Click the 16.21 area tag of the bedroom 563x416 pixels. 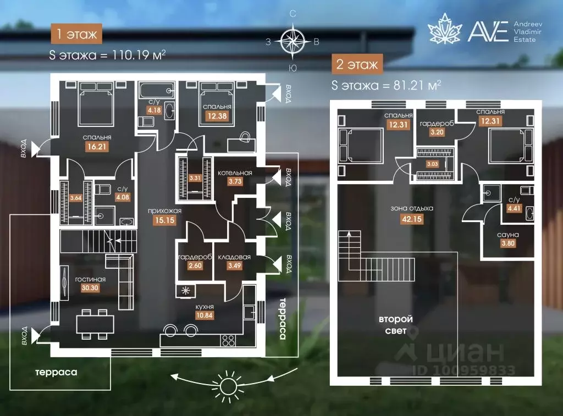coord(97,146)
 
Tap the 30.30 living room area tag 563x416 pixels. coord(90,288)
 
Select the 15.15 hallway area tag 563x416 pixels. coord(165,220)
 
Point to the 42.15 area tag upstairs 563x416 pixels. coord(412,219)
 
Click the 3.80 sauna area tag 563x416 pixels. coord(508,243)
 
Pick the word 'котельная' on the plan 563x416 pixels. coord(235,173)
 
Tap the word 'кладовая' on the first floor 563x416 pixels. coord(234,257)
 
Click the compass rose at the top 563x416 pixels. coord(292,41)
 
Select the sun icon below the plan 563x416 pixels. coord(227,387)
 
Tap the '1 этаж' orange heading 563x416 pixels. coord(76,34)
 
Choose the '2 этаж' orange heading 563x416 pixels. coord(357,64)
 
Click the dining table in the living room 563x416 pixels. coord(95,324)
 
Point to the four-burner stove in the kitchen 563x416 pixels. coord(229,340)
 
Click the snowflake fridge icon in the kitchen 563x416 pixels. coord(186,290)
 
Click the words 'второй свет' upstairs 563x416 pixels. coord(396,325)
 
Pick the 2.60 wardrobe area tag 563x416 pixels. coord(195,265)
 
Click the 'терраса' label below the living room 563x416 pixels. coord(57,372)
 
